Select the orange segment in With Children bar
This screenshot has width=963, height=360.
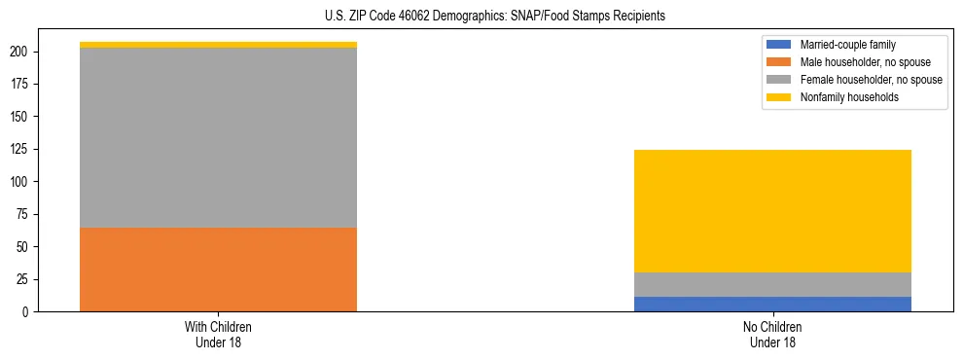218,270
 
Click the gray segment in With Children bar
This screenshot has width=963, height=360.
218,137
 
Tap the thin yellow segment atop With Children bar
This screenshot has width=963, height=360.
218,45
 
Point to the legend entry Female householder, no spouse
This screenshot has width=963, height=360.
871,80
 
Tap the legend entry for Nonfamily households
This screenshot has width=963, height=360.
849,97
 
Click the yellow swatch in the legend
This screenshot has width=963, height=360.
780,97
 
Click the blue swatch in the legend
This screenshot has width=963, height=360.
780,45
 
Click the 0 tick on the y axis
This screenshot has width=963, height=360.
28,311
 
